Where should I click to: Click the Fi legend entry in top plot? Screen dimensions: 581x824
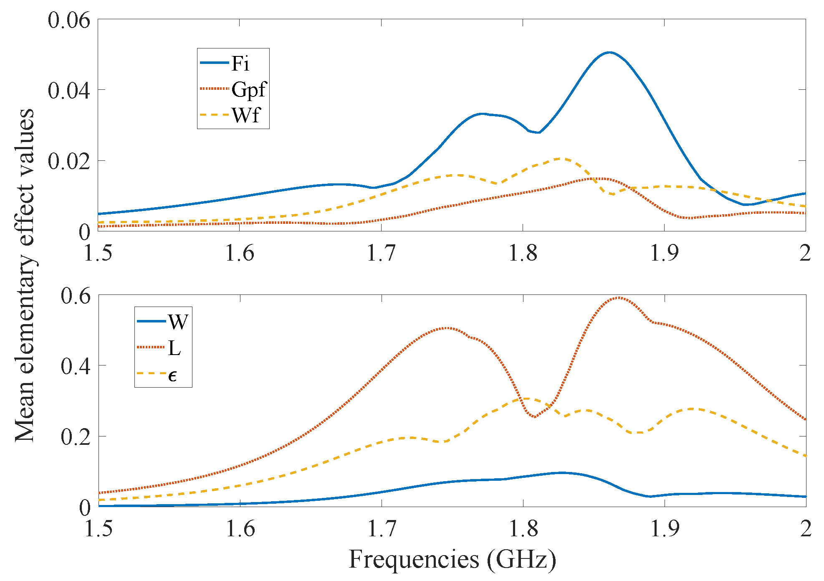click(240, 63)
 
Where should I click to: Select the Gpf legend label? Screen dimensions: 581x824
click(249, 89)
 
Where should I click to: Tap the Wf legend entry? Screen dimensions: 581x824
click(246, 115)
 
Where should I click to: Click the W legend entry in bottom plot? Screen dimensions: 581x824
click(178, 322)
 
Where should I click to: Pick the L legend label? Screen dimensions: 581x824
click(174, 348)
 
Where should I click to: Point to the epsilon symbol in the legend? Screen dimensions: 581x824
click(172, 375)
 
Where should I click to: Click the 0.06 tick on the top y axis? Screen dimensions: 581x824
click(69, 20)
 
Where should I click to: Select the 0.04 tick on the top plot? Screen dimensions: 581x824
click(69, 90)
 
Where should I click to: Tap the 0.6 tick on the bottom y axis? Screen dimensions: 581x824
click(75, 296)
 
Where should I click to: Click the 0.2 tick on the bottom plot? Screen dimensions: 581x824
click(75, 437)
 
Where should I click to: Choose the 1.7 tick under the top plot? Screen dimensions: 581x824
click(381, 253)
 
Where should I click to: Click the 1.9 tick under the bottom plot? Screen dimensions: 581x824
click(665, 529)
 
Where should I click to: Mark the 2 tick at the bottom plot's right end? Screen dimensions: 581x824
click(805, 529)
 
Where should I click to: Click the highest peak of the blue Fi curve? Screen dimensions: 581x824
click(609, 53)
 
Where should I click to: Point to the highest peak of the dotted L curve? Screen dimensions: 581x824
click(619, 298)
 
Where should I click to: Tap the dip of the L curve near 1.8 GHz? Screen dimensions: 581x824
click(535, 417)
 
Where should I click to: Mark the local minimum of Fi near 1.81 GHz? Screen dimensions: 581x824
click(539, 132)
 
